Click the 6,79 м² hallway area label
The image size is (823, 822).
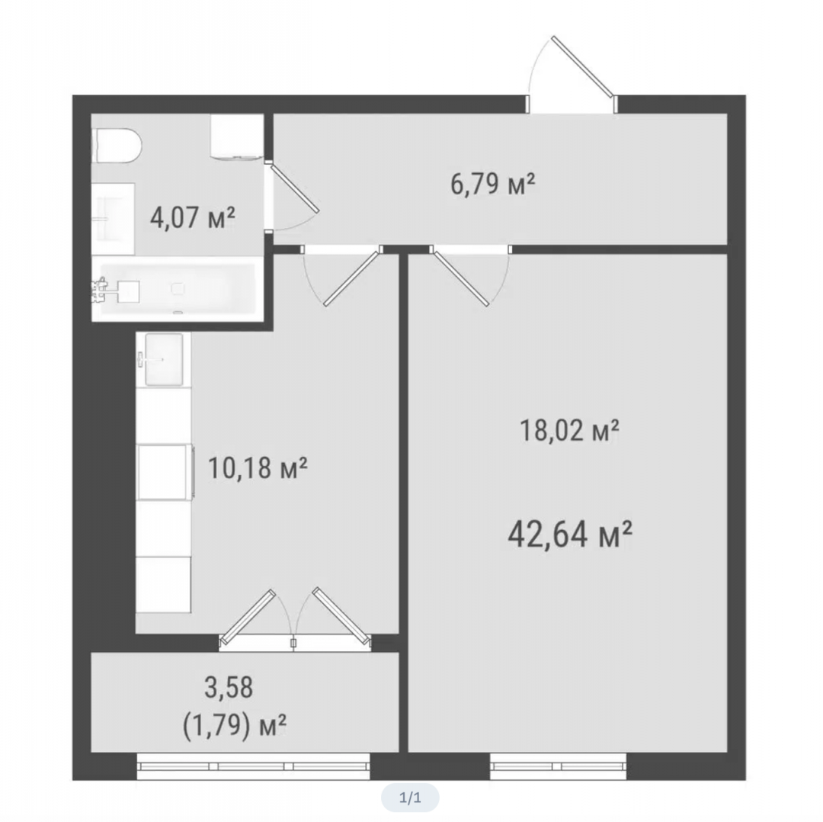(x=493, y=185)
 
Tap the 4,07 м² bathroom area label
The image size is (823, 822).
(x=193, y=217)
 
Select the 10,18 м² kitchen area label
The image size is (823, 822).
(x=258, y=468)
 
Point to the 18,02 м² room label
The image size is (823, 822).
(x=569, y=430)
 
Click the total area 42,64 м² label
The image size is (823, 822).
(x=570, y=535)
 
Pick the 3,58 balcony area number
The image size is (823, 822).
(x=229, y=688)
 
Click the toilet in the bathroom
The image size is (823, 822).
(x=117, y=145)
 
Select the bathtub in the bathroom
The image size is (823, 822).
(x=178, y=289)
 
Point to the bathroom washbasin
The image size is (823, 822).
(x=114, y=219)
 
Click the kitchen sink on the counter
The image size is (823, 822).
(x=165, y=360)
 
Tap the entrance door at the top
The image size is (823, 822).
(x=583, y=67)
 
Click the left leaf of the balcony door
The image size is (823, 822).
(x=248, y=617)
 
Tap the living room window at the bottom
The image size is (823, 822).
(x=559, y=766)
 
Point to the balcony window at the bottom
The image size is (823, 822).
(x=254, y=766)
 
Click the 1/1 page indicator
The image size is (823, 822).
(x=410, y=798)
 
